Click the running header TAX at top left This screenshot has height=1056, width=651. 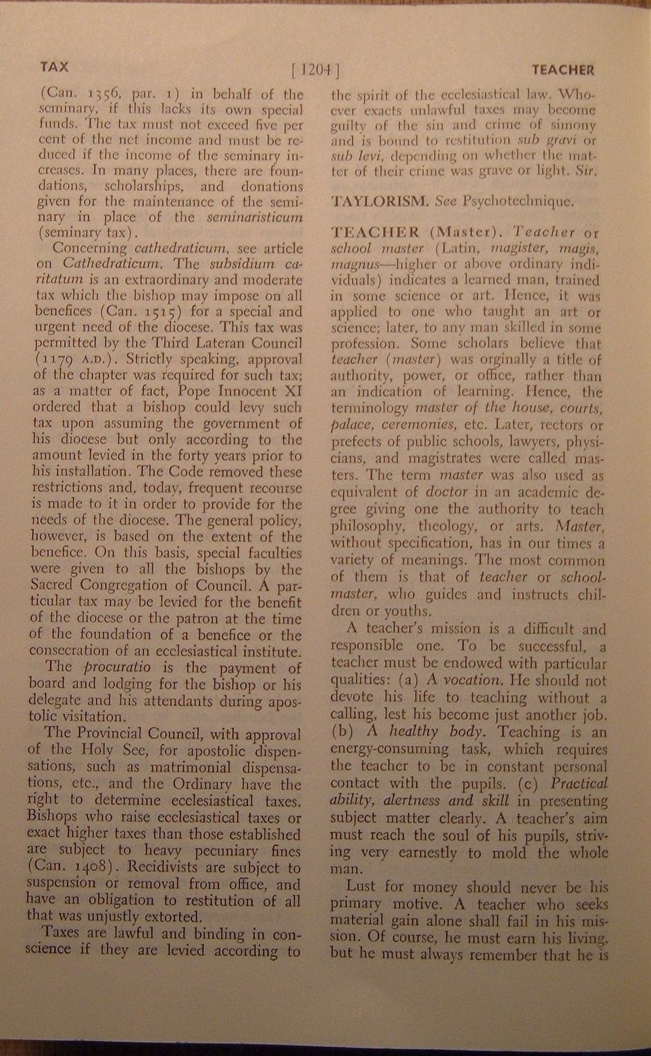[54, 67]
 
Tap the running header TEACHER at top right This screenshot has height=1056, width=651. [563, 70]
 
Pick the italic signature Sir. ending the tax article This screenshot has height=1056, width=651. [585, 172]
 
